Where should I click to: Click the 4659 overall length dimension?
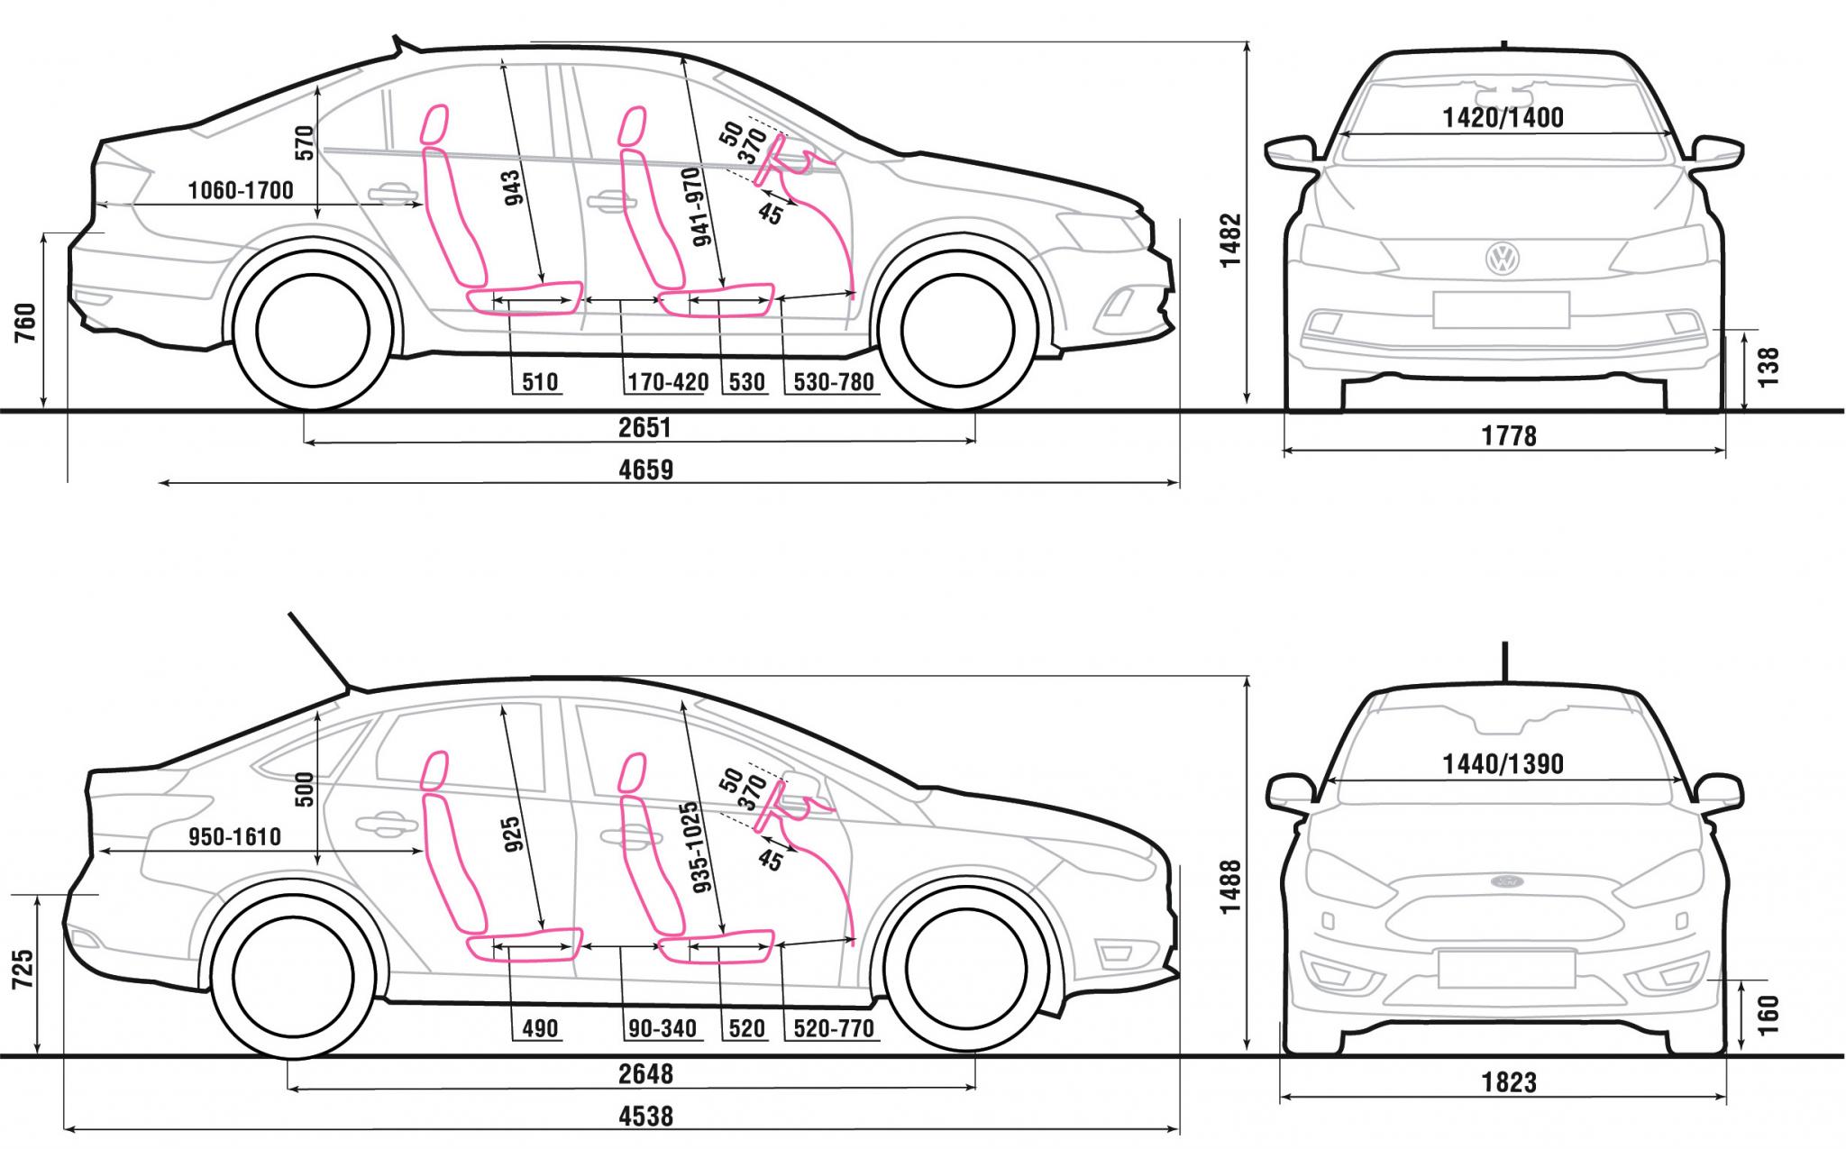click(646, 470)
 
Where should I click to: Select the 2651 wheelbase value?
click(644, 427)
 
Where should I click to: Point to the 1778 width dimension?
click(1509, 436)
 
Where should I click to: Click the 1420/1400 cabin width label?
click(1503, 117)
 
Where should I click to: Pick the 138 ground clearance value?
click(1768, 368)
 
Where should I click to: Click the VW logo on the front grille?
click(1503, 259)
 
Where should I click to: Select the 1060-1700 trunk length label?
click(241, 190)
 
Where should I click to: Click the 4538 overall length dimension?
click(646, 1117)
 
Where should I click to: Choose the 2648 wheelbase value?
click(645, 1074)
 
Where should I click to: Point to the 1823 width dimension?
click(1509, 1082)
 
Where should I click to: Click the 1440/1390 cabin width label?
click(1503, 764)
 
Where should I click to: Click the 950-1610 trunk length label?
click(234, 837)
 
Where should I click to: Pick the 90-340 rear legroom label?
click(663, 1028)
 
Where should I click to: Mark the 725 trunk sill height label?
click(24, 970)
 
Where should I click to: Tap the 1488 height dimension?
click(1231, 887)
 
